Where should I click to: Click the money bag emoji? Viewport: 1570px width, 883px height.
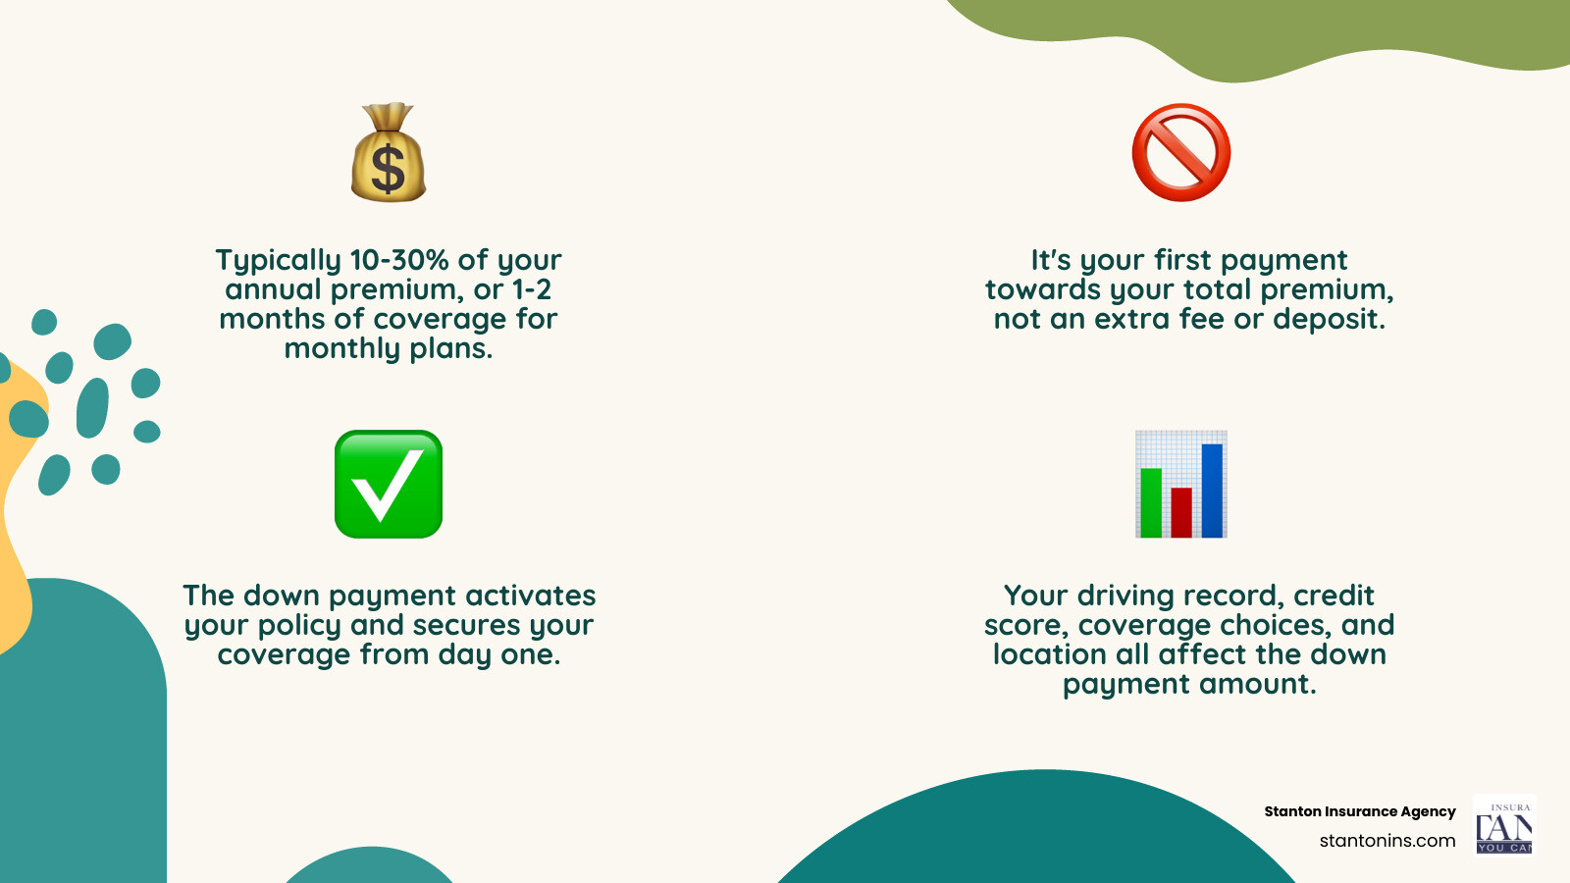click(389, 152)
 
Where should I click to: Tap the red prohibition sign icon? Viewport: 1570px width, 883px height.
click(1181, 152)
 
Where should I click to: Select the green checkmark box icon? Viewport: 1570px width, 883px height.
click(389, 485)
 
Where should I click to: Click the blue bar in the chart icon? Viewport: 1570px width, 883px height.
click(1212, 491)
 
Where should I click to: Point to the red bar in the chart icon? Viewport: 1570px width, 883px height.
click(1181, 512)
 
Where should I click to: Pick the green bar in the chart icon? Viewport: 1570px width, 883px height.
click(1151, 502)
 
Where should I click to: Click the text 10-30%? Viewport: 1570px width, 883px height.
click(399, 260)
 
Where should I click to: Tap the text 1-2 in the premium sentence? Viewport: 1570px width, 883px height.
click(532, 289)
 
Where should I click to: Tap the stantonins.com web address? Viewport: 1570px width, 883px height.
click(1387, 841)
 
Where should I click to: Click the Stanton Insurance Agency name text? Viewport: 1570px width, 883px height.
click(1360, 811)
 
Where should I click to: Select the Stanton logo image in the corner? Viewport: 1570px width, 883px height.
click(1504, 824)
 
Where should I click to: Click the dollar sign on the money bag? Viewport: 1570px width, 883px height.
click(388, 168)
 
